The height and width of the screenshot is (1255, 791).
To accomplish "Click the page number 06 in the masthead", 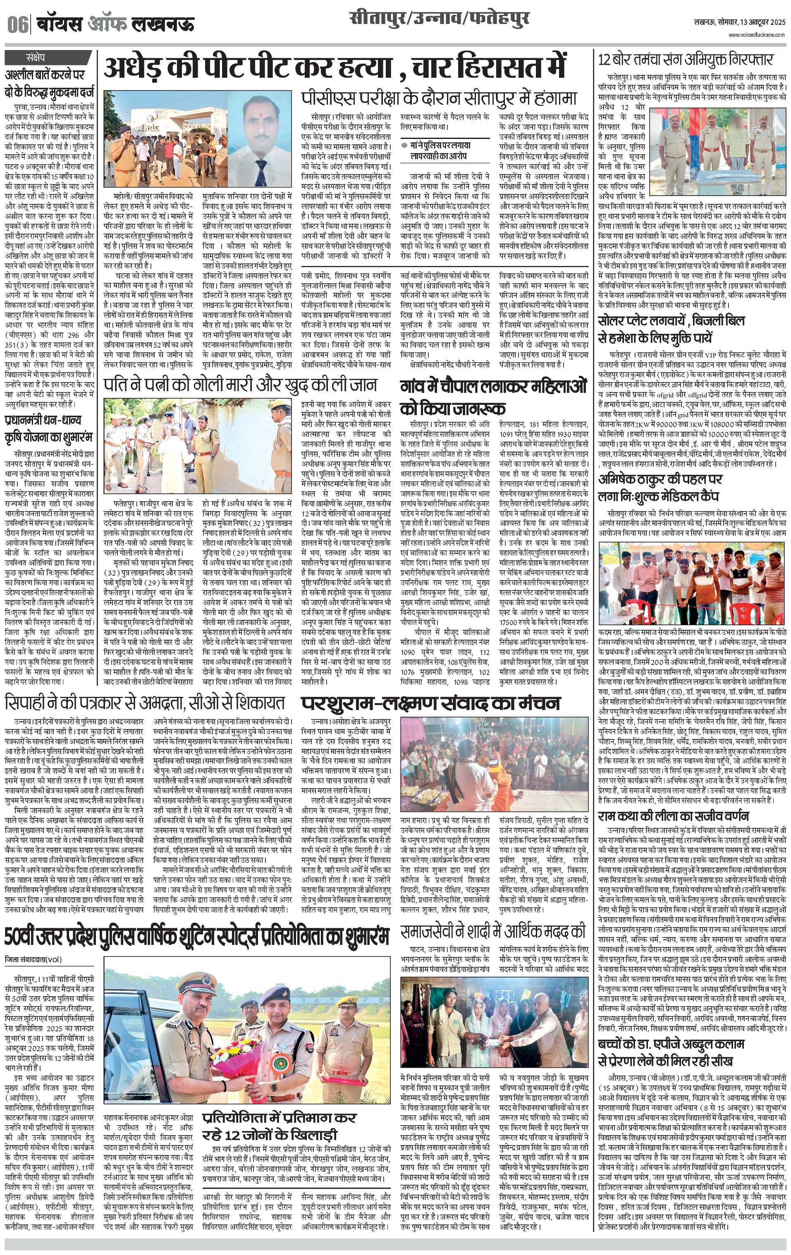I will (x=17, y=24).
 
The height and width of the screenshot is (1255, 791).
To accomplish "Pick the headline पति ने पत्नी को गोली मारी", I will (x=240, y=384).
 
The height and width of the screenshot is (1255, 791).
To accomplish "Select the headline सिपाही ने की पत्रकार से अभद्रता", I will (x=145, y=702).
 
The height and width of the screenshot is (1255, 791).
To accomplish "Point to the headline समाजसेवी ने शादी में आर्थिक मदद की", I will (x=493, y=930).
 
